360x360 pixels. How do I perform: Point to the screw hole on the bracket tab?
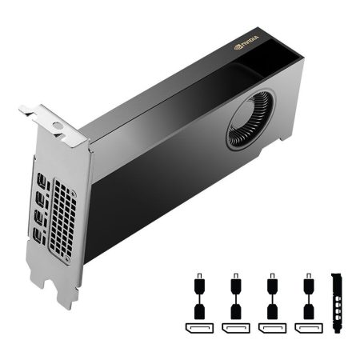pos(58,126)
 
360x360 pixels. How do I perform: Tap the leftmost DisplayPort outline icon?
pos(198,329)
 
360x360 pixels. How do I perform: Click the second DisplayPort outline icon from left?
pos(235,329)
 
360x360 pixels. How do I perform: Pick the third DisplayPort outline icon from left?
pos(272,329)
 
